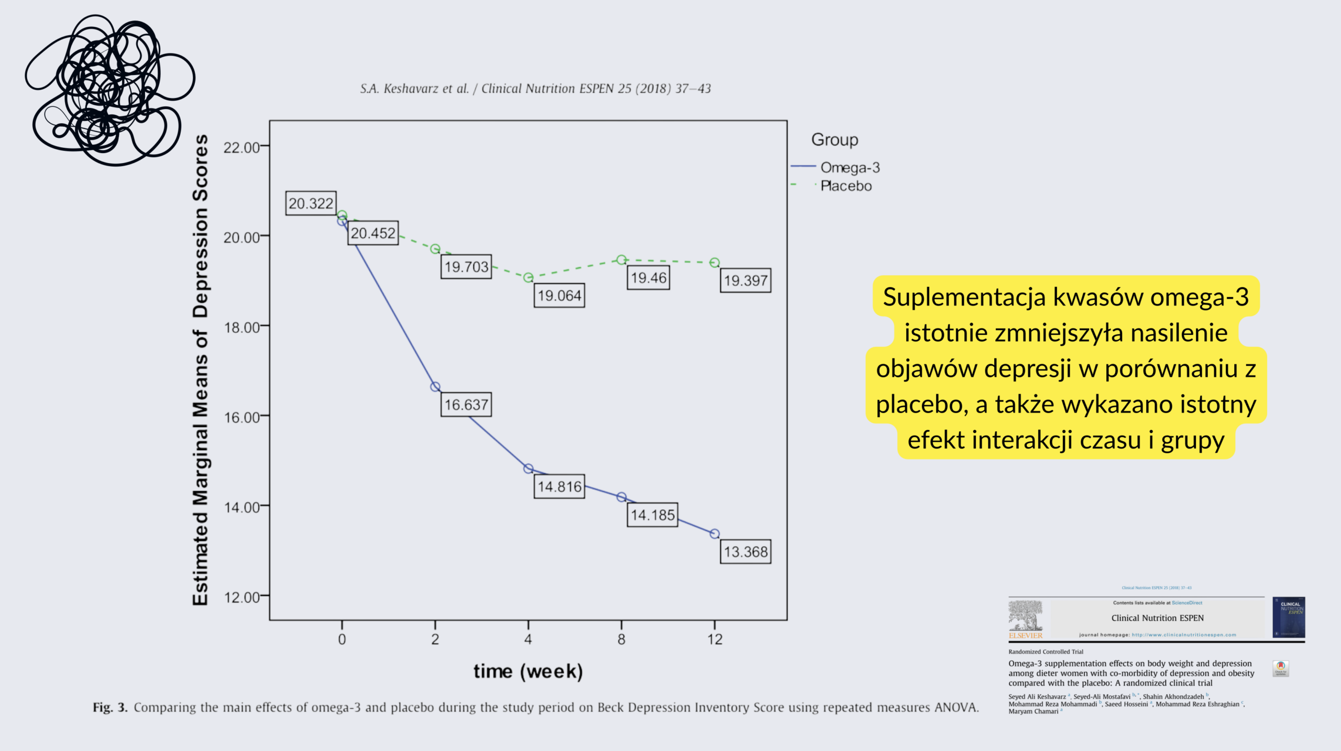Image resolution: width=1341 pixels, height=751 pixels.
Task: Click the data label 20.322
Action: tap(311, 203)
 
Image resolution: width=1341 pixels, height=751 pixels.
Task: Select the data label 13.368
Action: tap(745, 551)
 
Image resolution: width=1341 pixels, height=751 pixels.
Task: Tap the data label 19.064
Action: tap(559, 296)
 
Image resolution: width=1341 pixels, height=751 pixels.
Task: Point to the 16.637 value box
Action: tap(466, 404)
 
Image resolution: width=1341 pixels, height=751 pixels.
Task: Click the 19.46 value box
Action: tap(648, 277)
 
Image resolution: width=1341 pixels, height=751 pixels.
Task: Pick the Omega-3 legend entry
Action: tap(850, 167)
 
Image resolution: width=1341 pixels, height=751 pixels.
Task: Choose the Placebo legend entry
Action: tap(846, 186)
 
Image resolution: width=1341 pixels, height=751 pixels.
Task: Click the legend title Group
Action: tap(834, 139)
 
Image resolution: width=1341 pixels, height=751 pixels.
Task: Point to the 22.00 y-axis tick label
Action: tap(241, 147)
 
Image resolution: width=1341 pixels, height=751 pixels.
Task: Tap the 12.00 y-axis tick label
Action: tap(241, 597)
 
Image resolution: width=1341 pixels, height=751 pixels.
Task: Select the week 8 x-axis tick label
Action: tap(621, 639)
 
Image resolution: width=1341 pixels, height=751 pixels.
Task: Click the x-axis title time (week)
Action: tap(528, 671)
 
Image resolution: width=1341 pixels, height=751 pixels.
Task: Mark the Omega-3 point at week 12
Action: tap(715, 534)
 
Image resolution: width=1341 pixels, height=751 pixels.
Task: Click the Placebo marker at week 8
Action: tap(621, 259)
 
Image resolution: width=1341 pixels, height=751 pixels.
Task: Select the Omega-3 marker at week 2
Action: tap(435, 387)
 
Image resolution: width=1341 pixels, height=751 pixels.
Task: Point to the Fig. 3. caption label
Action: tap(110, 708)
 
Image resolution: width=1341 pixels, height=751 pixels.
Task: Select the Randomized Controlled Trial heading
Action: tap(1046, 652)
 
